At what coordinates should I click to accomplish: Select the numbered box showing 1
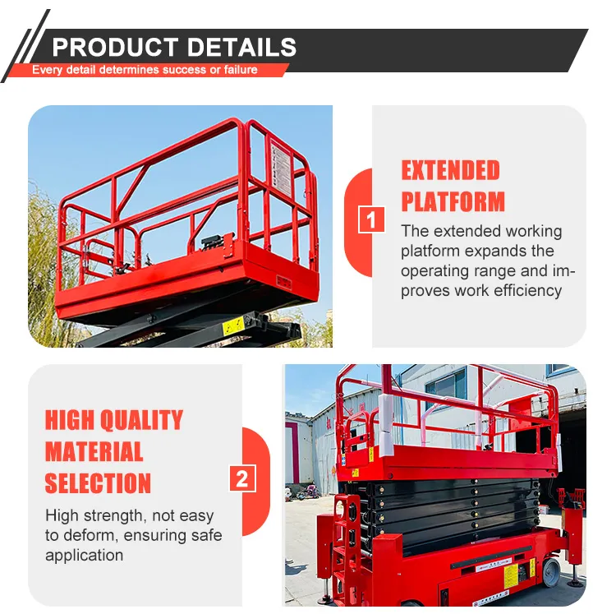[x=373, y=220]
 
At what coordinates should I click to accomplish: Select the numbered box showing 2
[x=241, y=478]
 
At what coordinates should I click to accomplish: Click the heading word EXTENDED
[x=450, y=170]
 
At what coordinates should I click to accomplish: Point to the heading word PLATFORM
[x=453, y=201]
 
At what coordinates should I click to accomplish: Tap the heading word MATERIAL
[x=94, y=451]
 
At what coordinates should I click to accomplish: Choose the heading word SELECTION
[x=98, y=482]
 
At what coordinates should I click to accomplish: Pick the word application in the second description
[x=84, y=555]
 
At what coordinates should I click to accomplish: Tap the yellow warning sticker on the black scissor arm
[x=233, y=326]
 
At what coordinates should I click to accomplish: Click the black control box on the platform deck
[x=214, y=244]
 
